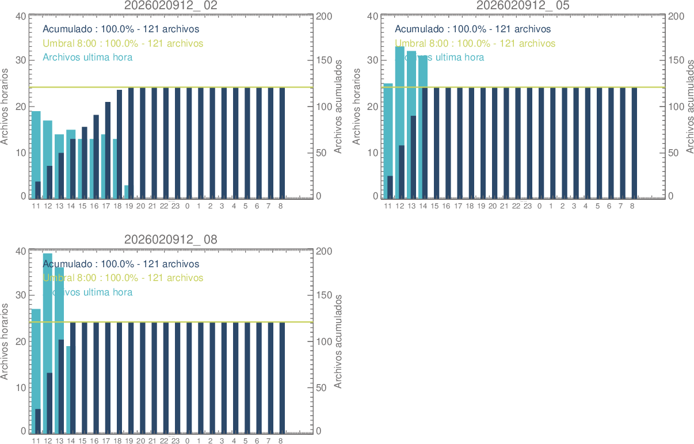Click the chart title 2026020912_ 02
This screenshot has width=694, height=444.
pyautogui.click(x=171, y=5)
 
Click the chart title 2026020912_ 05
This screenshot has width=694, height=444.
pyautogui.click(x=523, y=5)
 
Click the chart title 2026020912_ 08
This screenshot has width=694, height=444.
pyautogui.click(x=171, y=240)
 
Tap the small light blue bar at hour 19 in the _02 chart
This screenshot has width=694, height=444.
pyautogui.click(x=126, y=192)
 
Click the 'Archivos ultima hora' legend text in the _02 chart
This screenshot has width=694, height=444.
pyautogui.click(x=87, y=58)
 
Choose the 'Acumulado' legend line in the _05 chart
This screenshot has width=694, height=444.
pyautogui.click(x=472, y=29)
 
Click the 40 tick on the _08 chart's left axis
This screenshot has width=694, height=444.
pyautogui.click(x=21, y=251)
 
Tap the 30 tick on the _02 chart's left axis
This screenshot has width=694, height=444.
pyautogui.click(x=21, y=60)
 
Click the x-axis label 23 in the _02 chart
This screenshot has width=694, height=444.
pyautogui.click(x=176, y=206)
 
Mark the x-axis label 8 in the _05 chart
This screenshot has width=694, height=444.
pyautogui.click(x=632, y=206)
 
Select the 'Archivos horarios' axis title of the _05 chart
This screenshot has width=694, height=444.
pyautogui.click(x=357, y=107)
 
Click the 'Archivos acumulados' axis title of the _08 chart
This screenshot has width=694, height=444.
pyautogui.click(x=338, y=341)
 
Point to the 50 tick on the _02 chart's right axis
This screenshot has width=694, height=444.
pyautogui.click(x=323, y=153)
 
